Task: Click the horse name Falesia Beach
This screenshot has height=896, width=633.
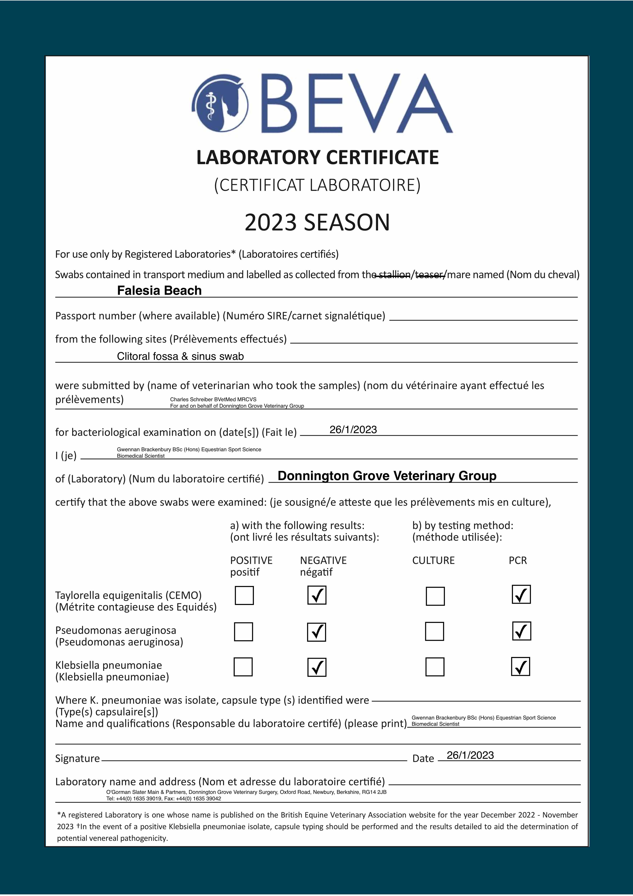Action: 159,291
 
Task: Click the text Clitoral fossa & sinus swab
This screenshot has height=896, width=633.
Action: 180,356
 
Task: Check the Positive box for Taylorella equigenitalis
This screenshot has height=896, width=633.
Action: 244,595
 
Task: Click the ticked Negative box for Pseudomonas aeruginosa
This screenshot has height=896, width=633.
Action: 316,632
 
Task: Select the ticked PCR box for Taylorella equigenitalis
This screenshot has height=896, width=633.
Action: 521,595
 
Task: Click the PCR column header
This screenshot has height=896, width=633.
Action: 517,560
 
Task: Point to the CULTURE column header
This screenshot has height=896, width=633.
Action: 433,560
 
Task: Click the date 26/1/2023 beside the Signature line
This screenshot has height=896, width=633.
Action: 470,755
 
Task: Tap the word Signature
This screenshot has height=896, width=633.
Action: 77,758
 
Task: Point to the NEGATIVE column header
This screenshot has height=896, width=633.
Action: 323,560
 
